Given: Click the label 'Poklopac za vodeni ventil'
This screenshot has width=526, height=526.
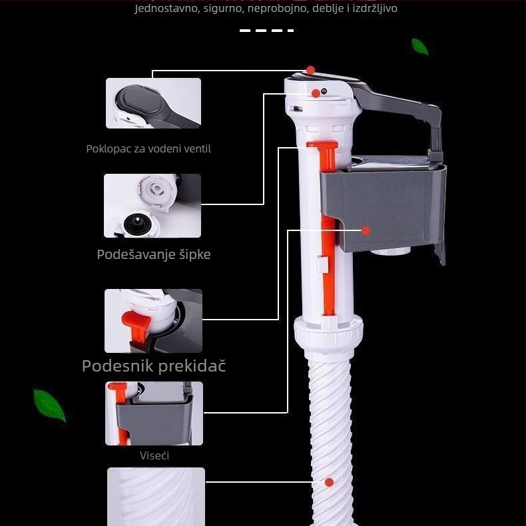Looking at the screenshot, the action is [x=148, y=149].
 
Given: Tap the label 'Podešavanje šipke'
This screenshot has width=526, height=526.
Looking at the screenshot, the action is [x=154, y=254].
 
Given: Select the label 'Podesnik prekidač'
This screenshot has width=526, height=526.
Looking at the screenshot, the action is [x=154, y=366].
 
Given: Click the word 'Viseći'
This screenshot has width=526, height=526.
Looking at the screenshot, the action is [x=154, y=455].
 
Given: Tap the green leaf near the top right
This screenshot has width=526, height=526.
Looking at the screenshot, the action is [x=419, y=47].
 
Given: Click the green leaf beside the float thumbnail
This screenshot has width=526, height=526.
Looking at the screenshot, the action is [x=50, y=405].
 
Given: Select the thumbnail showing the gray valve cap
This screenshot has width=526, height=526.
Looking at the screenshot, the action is [x=153, y=103].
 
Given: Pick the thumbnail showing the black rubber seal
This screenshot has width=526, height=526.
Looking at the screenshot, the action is [x=152, y=206].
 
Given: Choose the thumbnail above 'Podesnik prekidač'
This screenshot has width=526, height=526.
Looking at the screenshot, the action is [x=153, y=321].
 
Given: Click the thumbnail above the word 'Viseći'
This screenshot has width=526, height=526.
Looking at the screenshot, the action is [x=154, y=413].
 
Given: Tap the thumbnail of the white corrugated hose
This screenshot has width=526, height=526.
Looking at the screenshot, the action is [x=156, y=497].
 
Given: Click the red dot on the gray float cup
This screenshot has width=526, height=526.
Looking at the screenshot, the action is [x=366, y=231].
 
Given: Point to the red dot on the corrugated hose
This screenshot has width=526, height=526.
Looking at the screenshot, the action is [x=329, y=483].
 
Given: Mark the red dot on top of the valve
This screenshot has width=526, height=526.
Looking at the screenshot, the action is [x=311, y=70].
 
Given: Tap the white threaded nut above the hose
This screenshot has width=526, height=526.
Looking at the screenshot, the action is [x=329, y=332].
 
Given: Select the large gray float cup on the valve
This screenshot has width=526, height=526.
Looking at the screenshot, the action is [x=383, y=204].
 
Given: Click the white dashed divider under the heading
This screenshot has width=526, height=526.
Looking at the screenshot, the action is [x=267, y=31].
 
